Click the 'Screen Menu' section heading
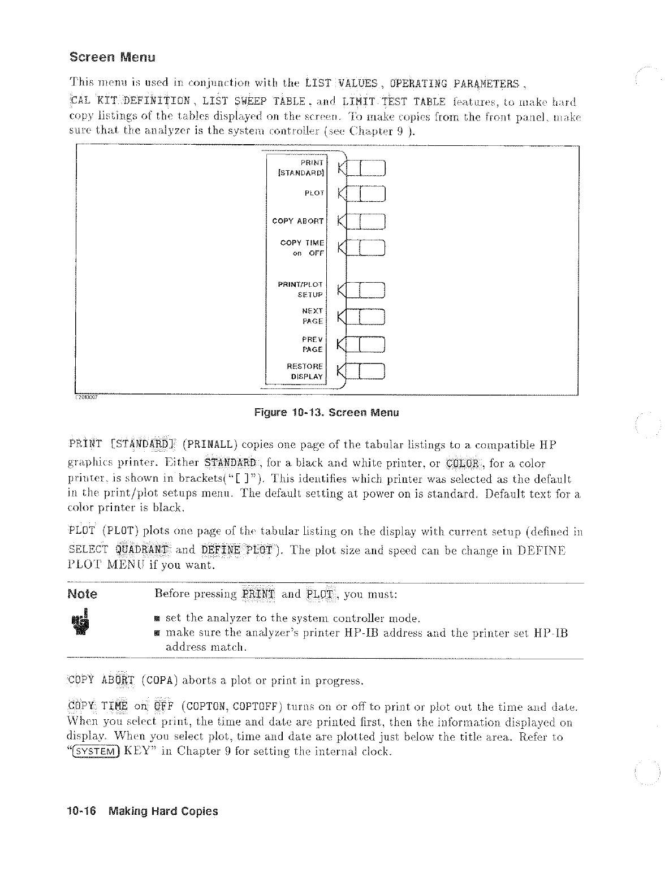[x=112, y=58]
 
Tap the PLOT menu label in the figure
[x=314, y=193]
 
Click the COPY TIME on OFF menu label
[x=302, y=248]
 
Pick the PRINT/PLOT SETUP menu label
[x=300, y=289]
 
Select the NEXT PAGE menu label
[x=312, y=316]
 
